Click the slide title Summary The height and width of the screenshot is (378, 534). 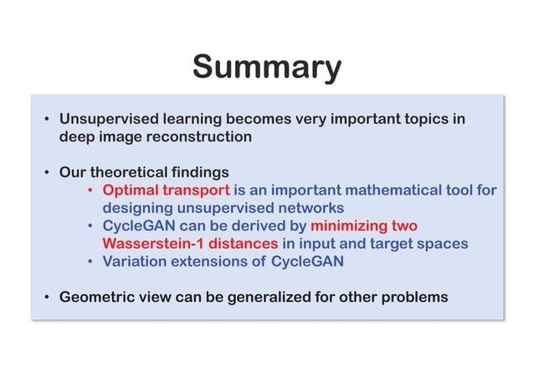[x=266, y=66]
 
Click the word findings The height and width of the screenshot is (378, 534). [x=201, y=173]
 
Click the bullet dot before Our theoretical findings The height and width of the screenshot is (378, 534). [x=47, y=173]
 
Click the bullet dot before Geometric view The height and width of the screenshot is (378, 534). [x=47, y=298]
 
